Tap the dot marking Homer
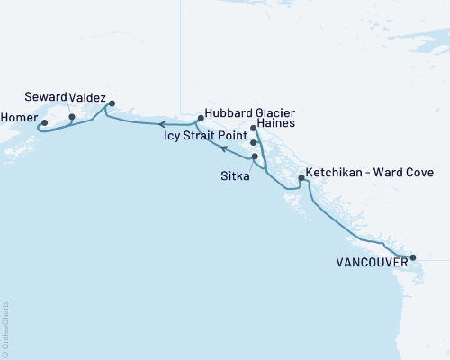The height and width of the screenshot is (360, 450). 44,124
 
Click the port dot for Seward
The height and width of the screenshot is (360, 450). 72,117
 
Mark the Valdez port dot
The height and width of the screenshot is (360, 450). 112,103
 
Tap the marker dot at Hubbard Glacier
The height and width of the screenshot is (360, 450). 201,117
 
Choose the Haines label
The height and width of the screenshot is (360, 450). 275,127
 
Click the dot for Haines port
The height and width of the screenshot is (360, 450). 253,129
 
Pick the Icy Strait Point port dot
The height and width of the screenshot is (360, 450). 253,143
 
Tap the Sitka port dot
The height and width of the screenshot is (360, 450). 256,157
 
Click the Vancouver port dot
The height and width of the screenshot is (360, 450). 413,257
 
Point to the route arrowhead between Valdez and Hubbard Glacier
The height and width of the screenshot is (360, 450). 163,124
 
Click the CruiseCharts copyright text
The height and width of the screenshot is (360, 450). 5,328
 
